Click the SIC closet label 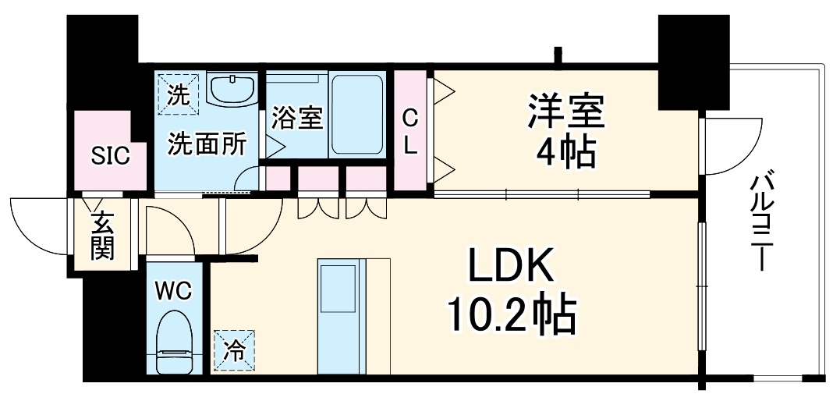pos(110,154)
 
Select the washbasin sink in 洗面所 pos(234,90)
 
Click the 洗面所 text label pos(207,144)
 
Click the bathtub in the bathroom pos(358,114)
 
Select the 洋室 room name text pos(566,112)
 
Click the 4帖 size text pos(566,152)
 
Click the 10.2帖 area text pos(511,317)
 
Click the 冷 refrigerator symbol pos(235,349)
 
